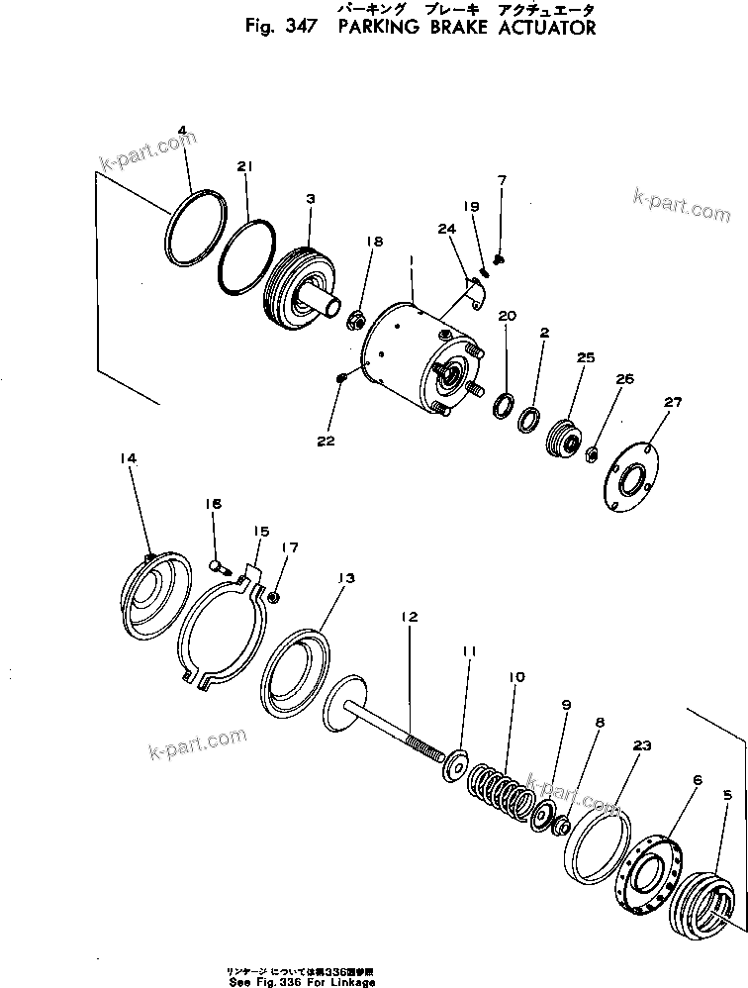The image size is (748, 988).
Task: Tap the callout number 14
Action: pyautogui.click(x=128, y=458)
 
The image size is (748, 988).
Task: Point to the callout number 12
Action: pyautogui.click(x=408, y=617)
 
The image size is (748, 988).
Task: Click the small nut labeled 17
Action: pyautogui.click(x=274, y=597)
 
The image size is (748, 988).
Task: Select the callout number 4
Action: pyautogui.click(x=181, y=130)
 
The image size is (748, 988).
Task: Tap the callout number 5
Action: pyautogui.click(x=727, y=795)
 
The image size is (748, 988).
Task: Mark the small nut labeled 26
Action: pyautogui.click(x=591, y=453)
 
